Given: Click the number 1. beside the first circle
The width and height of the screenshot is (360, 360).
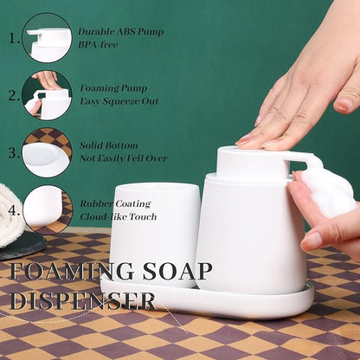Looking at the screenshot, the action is pyautogui.click(x=14, y=38).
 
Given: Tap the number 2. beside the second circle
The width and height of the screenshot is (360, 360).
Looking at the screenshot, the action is pyautogui.click(x=14, y=95).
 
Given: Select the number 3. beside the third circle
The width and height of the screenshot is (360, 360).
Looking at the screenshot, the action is pyautogui.click(x=14, y=152).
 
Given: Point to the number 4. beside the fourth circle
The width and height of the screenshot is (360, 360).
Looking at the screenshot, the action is pyautogui.click(x=14, y=210).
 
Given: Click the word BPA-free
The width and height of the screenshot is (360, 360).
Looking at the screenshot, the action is pyautogui.click(x=98, y=45).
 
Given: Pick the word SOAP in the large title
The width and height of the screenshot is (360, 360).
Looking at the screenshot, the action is pyautogui.click(x=177, y=271).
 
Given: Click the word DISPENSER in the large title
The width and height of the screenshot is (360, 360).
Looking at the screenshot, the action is pyautogui.click(x=83, y=300).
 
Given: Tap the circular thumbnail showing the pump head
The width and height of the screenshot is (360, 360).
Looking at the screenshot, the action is pyautogui.click(x=47, y=38).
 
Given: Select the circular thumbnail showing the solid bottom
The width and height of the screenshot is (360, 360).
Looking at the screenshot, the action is pyautogui.click(x=47, y=152).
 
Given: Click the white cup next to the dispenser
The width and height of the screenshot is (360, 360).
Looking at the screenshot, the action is pyautogui.click(x=155, y=235).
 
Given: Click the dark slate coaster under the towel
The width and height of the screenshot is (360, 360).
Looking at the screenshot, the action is pyautogui.click(x=23, y=246).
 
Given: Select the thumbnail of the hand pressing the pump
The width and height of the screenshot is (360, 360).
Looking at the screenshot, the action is pyautogui.click(x=47, y=95).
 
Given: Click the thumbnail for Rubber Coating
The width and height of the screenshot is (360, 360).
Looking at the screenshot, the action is pyautogui.click(x=47, y=210).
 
